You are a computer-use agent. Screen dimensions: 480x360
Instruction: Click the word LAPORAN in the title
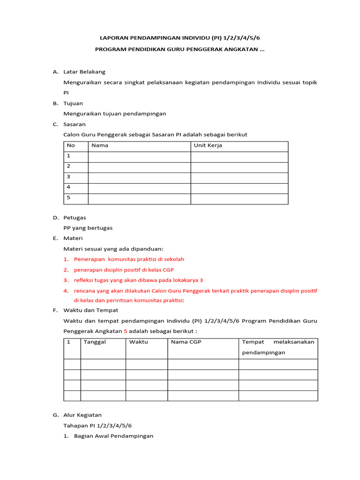115,37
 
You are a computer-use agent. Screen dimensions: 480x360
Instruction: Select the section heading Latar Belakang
84,72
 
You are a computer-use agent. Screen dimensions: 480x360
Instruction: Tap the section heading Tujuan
73,103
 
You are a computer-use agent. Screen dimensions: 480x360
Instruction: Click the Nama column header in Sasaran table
100,145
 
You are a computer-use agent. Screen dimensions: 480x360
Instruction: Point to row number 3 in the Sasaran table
68,177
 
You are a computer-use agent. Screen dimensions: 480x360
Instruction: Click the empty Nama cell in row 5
139,199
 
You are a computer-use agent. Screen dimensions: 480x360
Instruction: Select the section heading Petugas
75,217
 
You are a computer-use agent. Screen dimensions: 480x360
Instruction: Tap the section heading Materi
73,238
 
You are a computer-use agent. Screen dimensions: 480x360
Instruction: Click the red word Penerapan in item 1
89,259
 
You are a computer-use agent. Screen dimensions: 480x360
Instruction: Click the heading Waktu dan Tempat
90,310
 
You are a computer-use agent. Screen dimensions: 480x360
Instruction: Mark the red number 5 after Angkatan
126,331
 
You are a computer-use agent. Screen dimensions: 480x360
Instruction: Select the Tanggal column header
95,342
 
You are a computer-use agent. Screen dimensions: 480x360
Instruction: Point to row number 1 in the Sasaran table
68,156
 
